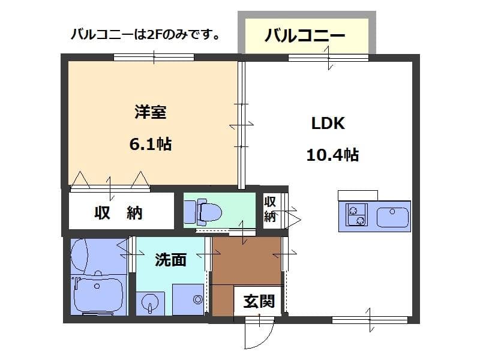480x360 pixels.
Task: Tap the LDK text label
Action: [x=328, y=124]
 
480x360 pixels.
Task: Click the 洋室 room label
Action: [x=150, y=112]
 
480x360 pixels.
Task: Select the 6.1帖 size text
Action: [x=150, y=144]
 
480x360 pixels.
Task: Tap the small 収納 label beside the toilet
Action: [x=270, y=209]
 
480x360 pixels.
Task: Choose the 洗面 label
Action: [x=170, y=259]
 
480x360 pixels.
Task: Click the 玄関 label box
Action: [x=259, y=301]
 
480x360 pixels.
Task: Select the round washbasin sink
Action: [x=150, y=302]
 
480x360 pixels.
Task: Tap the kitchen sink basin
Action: [x=392, y=217]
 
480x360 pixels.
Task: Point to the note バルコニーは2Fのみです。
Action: [x=145, y=34]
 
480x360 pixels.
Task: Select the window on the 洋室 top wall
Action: [x=154, y=58]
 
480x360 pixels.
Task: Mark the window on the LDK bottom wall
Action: [x=370, y=320]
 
